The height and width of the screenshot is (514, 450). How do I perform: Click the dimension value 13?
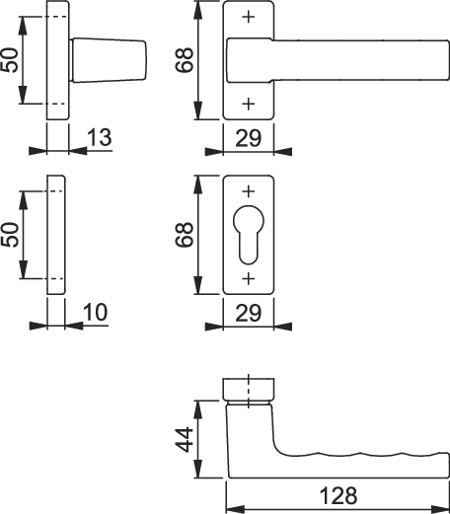click(x=100, y=137)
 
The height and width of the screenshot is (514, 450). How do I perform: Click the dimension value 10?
click(x=96, y=312)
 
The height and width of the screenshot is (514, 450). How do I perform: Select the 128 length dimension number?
click(x=338, y=496)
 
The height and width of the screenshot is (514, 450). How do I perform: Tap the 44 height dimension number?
click(x=185, y=440)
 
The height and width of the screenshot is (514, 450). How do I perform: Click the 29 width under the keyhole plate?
click(x=249, y=313)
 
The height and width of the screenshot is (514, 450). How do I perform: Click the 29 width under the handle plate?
click(x=249, y=138)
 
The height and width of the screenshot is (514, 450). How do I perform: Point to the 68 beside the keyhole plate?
click(x=185, y=235)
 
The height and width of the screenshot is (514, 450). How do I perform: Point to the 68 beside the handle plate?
click(x=185, y=60)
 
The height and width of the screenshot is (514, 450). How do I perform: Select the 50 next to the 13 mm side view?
click(x=10, y=60)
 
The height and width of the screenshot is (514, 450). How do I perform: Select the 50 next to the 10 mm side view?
click(x=10, y=235)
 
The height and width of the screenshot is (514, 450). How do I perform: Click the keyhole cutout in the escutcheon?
click(x=249, y=235)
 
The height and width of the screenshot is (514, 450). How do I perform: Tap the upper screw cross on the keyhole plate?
click(x=249, y=191)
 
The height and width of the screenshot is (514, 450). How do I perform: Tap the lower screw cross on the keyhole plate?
click(x=249, y=278)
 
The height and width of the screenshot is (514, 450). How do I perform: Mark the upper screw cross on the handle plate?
click(x=249, y=17)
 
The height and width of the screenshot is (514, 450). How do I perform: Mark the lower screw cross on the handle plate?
click(x=249, y=104)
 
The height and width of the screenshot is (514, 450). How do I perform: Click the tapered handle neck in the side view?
click(x=108, y=60)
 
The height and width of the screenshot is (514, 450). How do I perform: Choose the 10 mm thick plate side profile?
click(x=56, y=235)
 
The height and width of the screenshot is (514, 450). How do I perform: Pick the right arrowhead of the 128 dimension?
click(x=440, y=509)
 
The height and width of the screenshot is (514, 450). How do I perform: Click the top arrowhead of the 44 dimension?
click(x=197, y=409)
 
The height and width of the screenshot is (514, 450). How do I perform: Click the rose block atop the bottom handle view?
click(x=249, y=390)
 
